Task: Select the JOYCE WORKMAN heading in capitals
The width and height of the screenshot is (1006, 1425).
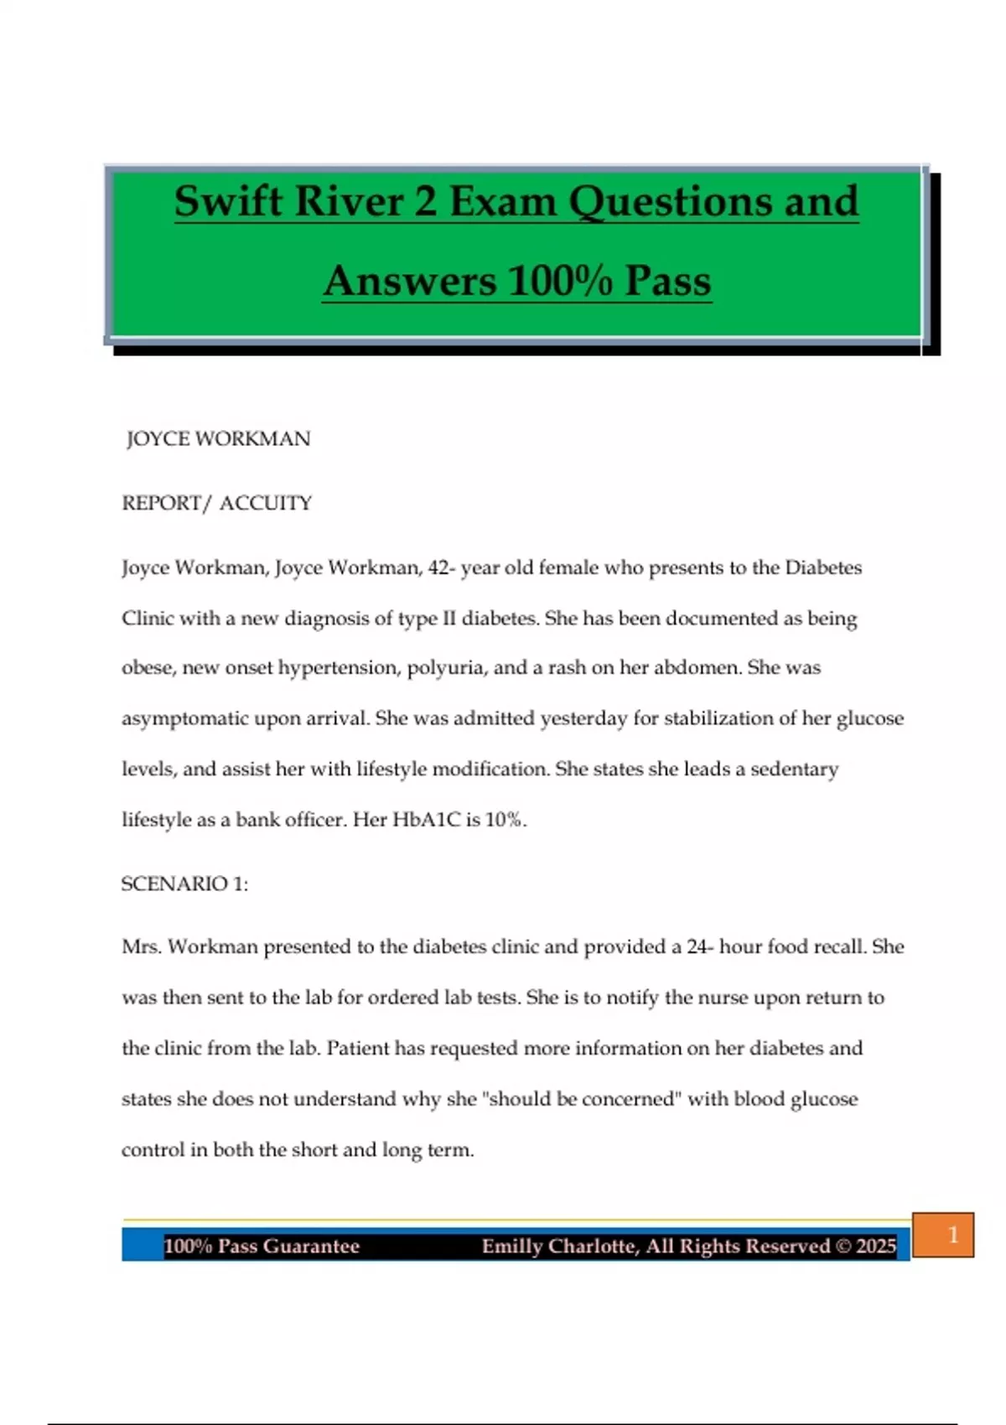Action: [218, 438]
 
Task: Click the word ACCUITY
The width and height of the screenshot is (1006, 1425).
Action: [266, 503]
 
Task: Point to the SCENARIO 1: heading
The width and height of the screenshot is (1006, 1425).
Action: [184, 883]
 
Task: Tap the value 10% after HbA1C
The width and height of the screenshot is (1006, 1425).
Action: [504, 819]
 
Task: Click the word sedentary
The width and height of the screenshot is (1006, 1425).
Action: [794, 769]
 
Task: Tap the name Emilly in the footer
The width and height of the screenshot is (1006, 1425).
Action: [511, 1246]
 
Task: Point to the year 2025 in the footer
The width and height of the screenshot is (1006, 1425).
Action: [876, 1246]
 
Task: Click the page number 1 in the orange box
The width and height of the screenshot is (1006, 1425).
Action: [952, 1235]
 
